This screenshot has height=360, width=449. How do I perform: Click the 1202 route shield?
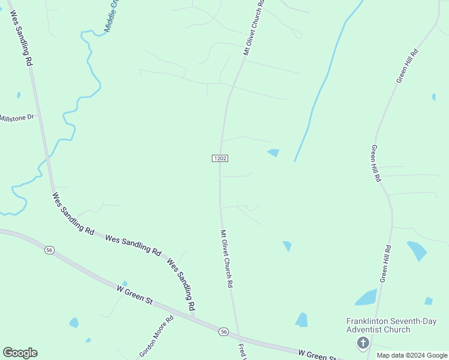[x=220, y=158]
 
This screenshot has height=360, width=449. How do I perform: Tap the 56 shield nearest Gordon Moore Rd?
[x=223, y=331]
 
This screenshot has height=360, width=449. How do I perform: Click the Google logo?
[x=20, y=353]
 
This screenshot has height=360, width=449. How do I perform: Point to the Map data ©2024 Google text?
[x=412, y=355]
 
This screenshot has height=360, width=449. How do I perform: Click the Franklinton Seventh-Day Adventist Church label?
[x=378, y=325]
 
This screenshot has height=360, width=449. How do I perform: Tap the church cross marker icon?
[x=363, y=343]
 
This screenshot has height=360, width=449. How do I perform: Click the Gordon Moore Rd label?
[x=157, y=337]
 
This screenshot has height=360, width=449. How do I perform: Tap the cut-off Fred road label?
[x=243, y=351]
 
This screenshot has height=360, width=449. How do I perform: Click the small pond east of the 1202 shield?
[x=274, y=152]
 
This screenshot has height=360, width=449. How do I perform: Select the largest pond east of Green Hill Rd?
[x=417, y=250]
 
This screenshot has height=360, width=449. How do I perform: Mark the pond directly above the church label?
[x=366, y=297]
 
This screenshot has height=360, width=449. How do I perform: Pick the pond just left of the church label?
[x=302, y=320]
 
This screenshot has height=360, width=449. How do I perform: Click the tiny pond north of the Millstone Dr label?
[x=19, y=95]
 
